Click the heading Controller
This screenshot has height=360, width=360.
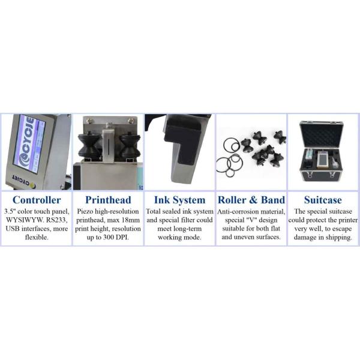pyautogui.click(x=37, y=200)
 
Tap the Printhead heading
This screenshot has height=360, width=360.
pyautogui.click(x=108, y=200)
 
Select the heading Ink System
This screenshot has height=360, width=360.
pyautogui.click(x=179, y=200)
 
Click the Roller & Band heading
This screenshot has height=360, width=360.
pyautogui.click(x=251, y=200)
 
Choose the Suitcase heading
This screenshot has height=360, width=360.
pyautogui.click(x=323, y=200)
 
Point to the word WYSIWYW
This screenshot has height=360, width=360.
pyautogui.click(x=22, y=220)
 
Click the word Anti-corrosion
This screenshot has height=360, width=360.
pyautogui.click(x=238, y=211)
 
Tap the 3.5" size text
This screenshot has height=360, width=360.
pyautogui.click(x=11, y=211)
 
